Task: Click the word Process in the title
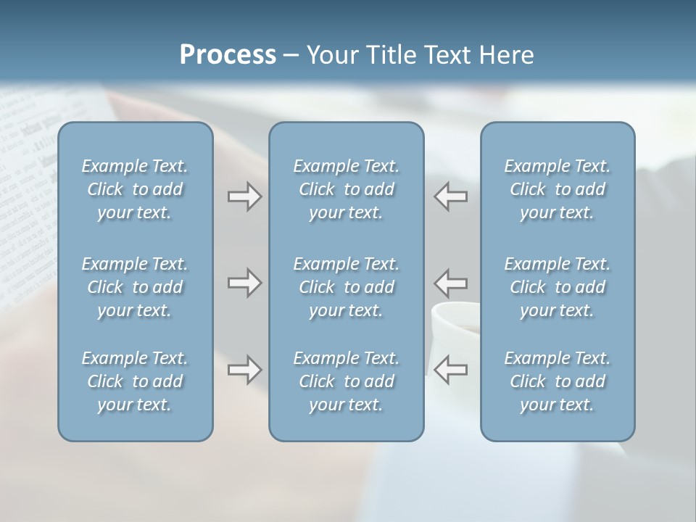tap(228, 55)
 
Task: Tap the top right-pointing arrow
tap(244, 196)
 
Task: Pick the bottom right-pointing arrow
tap(244, 370)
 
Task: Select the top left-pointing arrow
tap(450, 196)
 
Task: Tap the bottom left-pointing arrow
tap(450, 370)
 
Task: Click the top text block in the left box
tap(135, 189)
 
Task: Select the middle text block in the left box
tap(135, 287)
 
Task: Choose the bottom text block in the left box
tap(135, 381)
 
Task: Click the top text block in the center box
tap(346, 189)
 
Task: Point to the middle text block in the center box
tap(346, 287)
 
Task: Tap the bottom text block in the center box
tap(346, 381)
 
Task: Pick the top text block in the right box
tap(557, 189)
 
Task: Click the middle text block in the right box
tap(557, 287)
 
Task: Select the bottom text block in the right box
tap(557, 381)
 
